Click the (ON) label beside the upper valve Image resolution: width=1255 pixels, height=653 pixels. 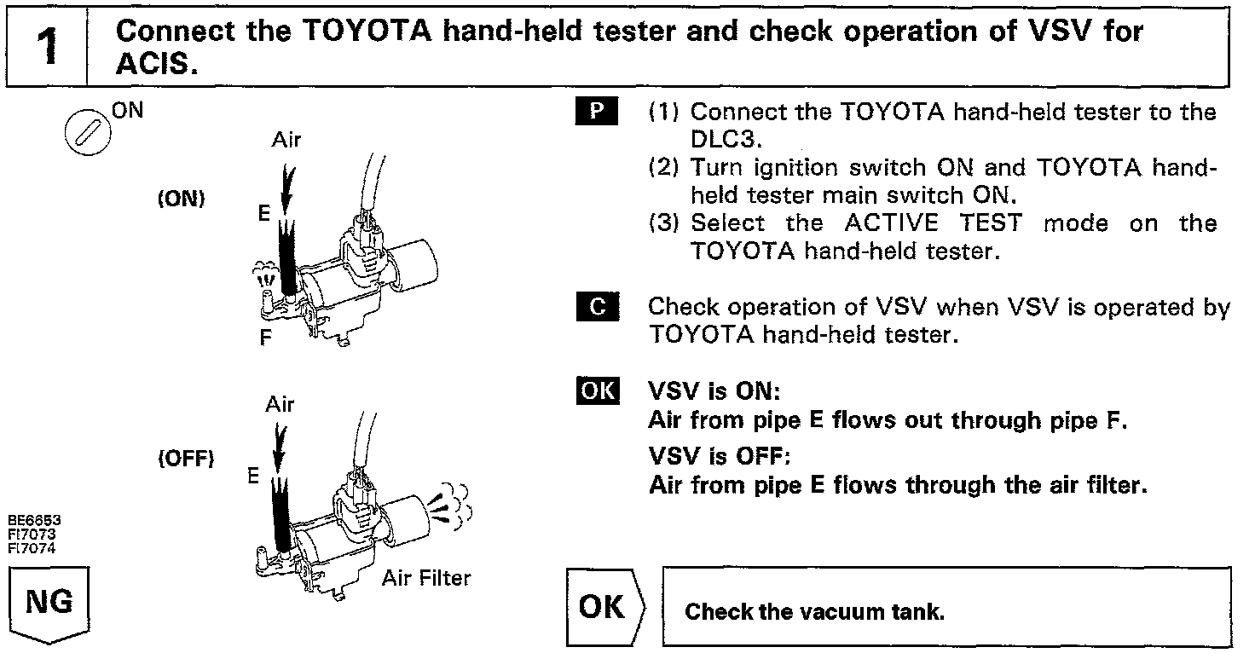point(181,200)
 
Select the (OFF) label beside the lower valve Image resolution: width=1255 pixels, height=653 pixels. point(184,459)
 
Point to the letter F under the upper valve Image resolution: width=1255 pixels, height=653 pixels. point(266,338)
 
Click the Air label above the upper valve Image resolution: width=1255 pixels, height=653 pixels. point(286,141)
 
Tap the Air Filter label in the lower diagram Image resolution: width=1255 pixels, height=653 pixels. point(425,579)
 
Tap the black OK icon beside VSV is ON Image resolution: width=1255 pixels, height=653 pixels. point(597,391)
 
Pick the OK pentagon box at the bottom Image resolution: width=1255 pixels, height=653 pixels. point(604,607)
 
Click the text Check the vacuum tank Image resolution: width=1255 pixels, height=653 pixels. point(815,612)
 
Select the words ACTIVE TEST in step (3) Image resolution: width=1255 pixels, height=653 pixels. point(932,223)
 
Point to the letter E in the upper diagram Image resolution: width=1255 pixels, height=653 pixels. point(264,215)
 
